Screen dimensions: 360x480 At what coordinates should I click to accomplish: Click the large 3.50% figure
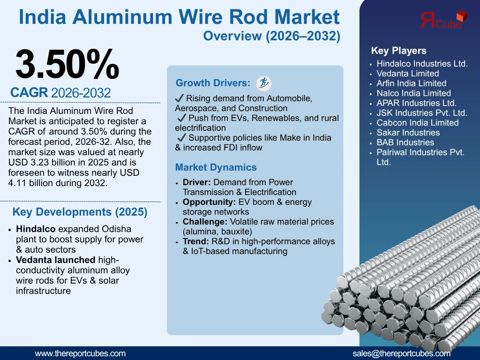[67, 64]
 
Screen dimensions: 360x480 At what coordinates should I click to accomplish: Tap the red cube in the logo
[462, 15]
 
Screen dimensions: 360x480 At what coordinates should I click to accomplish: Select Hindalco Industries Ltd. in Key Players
[422, 64]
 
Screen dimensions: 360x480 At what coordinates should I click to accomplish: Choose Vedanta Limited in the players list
[408, 74]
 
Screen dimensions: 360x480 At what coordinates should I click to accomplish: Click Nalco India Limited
[413, 93]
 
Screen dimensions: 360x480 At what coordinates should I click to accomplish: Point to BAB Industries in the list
[405, 142]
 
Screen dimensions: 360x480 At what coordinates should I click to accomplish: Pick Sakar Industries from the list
[408, 133]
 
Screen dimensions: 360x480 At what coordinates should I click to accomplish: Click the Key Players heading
[398, 51]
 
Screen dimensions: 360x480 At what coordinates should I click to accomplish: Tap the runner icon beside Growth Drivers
[264, 83]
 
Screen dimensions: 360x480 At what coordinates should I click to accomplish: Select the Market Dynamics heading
[216, 167]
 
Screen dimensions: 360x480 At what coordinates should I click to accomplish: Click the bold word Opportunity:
[209, 202]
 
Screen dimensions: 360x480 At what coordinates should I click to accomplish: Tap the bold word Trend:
[195, 241]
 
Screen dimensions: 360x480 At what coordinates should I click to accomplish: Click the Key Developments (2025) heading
[80, 212]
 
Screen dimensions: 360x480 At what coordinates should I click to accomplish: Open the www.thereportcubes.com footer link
[80, 353]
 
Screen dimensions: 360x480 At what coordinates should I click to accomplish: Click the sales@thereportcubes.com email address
[401, 353]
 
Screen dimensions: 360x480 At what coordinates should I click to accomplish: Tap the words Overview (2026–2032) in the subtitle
[272, 36]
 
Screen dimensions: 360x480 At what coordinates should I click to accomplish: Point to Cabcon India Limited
[417, 123]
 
